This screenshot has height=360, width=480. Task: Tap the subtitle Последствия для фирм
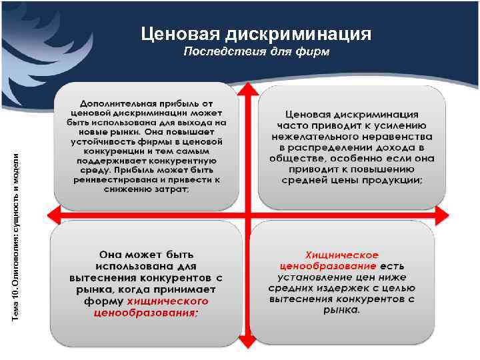point(257,52)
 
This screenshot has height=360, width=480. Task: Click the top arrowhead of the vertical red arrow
point(247,89)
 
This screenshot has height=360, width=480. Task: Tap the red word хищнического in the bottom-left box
point(176,301)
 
